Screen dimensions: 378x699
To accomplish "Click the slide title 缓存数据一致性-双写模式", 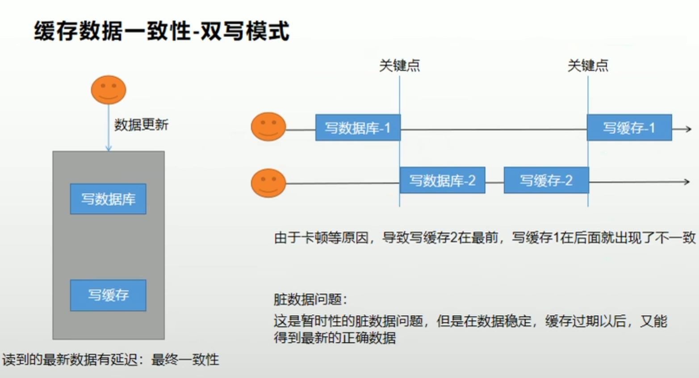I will click(x=161, y=32).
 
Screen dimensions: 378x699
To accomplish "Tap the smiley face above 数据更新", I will click(x=109, y=90).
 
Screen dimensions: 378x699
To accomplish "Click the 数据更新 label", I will click(x=141, y=125).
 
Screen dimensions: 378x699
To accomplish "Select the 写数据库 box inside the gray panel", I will click(x=108, y=199).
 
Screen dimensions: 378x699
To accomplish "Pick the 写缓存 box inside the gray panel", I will click(x=108, y=295).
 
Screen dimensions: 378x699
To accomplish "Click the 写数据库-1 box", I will click(x=358, y=128).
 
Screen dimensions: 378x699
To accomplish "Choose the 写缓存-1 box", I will click(x=629, y=128).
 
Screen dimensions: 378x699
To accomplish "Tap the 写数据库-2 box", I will click(x=442, y=180).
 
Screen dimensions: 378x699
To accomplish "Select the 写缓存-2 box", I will click(x=546, y=180).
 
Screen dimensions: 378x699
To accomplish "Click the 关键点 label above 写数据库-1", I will click(x=399, y=66).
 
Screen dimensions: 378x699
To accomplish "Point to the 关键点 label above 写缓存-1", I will click(x=588, y=66).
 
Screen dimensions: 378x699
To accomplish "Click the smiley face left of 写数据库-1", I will click(x=268, y=127).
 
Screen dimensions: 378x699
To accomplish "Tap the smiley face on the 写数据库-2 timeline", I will click(x=268, y=183).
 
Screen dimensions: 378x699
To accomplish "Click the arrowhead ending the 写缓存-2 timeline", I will click(x=686, y=182).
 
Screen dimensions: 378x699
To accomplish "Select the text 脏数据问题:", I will click(x=310, y=299).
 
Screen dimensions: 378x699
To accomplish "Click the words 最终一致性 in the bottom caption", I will click(x=185, y=360).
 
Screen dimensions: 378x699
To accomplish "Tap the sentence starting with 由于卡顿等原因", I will click(x=485, y=237).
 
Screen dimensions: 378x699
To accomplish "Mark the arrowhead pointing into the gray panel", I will click(x=108, y=148).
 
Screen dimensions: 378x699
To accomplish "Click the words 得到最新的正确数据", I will click(x=335, y=338).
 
